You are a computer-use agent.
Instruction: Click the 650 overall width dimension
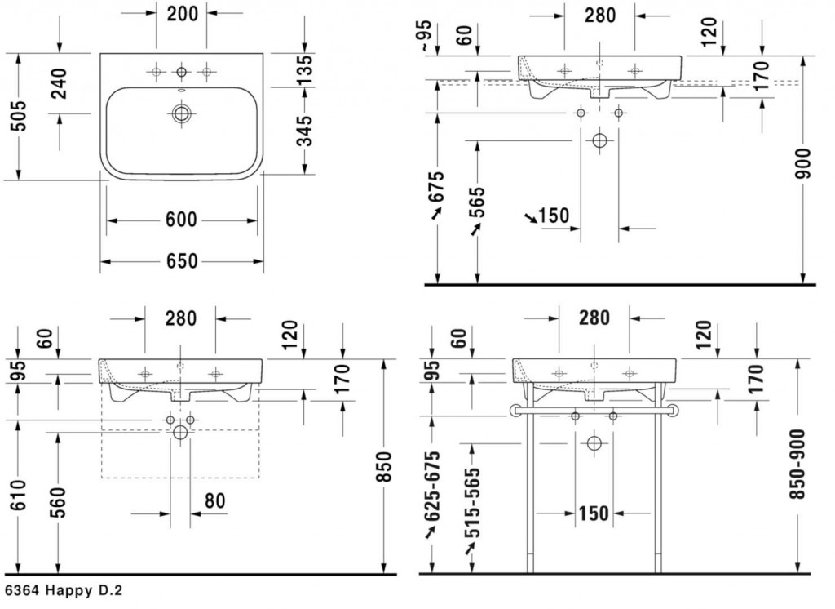point(182,261)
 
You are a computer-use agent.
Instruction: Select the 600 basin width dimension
point(182,220)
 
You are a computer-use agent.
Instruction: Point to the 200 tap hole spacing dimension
point(182,13)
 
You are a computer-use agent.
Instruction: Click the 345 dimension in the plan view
point(304,131)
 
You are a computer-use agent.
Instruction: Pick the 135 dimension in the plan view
point(304,69)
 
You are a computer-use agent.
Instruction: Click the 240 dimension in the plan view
point(59,84)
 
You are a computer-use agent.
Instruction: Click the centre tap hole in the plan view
point(182,72)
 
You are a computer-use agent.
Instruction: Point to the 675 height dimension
point(437,186)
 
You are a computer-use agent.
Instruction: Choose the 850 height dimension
point(383,467)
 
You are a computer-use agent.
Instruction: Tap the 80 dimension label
point(214,500)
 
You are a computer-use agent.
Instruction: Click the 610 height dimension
point(18,495)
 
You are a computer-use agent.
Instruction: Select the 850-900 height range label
point(797,464)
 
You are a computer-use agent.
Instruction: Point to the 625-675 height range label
point(432,487)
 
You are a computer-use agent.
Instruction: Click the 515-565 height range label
point(472,502)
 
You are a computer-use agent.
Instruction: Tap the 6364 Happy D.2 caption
point(63,591)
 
